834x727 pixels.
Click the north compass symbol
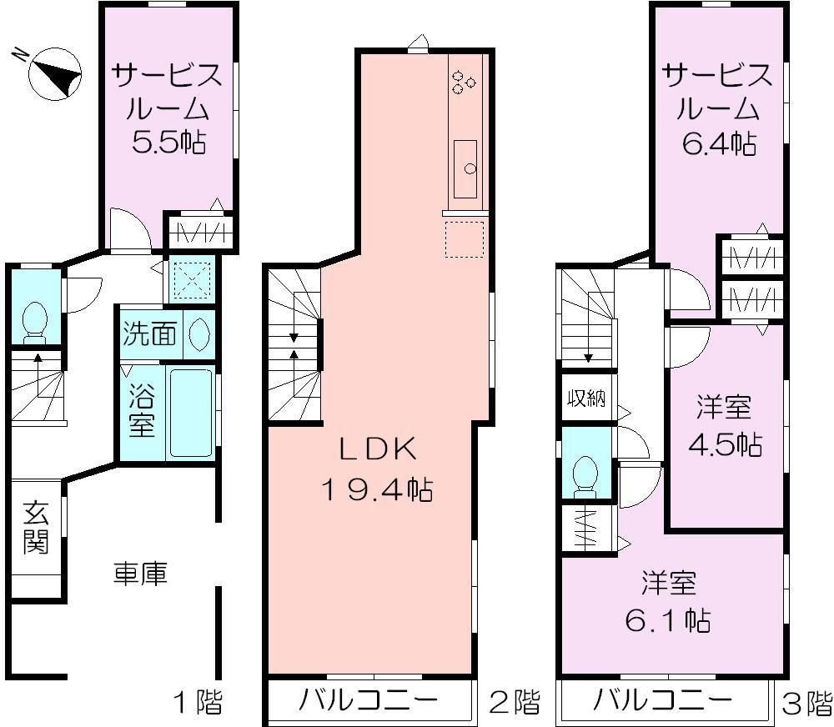click(x=54, y=73)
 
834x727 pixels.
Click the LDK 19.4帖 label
click(x=376, y=469)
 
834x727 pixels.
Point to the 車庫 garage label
click(x=140, y=574)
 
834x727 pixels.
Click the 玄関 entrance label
click(x=36, y=528)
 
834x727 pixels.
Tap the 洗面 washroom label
click(x=149, y=335)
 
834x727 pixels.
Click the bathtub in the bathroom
click(x=191, y=413)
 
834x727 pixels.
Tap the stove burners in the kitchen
click(x=463, y=80)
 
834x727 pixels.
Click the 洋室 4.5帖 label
click(x=724, y=426)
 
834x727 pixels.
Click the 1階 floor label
click(x=198, y=703)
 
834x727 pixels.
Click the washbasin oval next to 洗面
click(x=199, y=335)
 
